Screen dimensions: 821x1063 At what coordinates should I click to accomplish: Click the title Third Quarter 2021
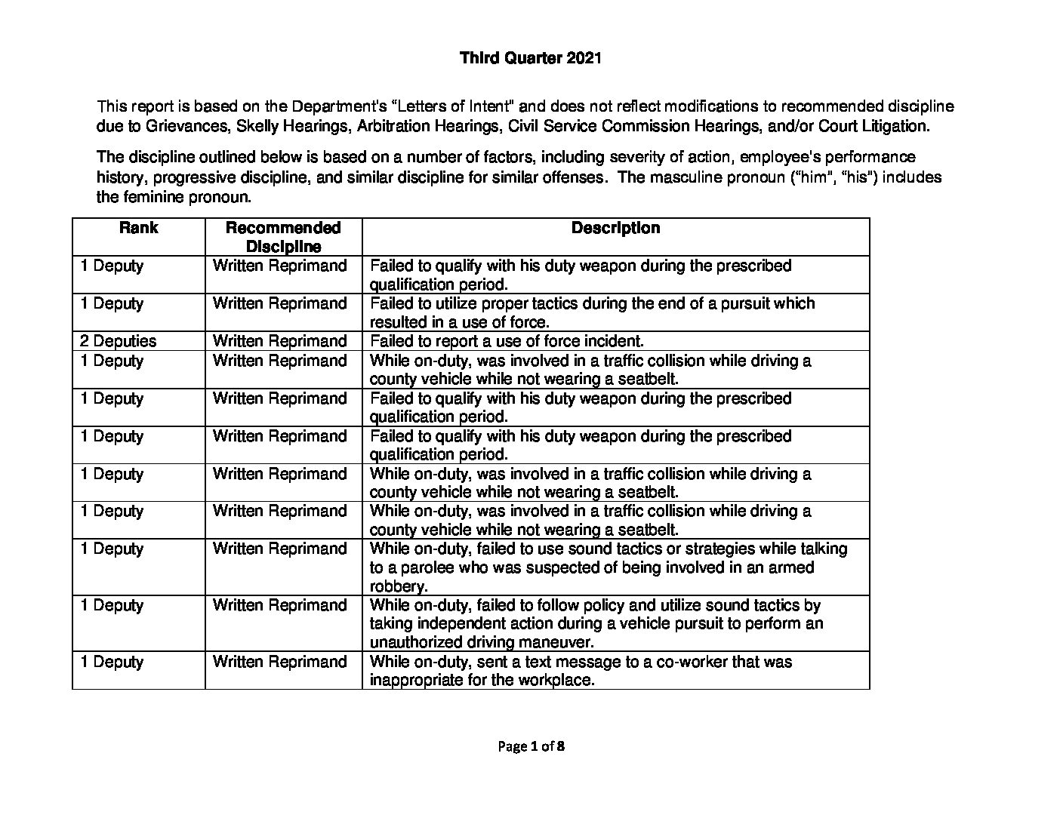[x=530, y=58]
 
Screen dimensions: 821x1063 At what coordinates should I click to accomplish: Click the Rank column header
[x=138, y=228]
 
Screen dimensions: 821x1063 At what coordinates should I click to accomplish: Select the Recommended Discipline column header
[x=283, y=237]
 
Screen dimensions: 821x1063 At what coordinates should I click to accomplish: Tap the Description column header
[x=615, y=228]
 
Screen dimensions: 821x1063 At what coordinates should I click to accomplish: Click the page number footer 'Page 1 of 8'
[x=531, y=747]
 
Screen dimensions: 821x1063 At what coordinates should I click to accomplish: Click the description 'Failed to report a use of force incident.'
[x=507, y=341]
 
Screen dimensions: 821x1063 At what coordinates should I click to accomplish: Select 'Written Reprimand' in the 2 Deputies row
[x=279, y=341]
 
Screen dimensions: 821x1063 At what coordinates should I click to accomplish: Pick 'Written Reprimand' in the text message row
[x=279, y=662]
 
